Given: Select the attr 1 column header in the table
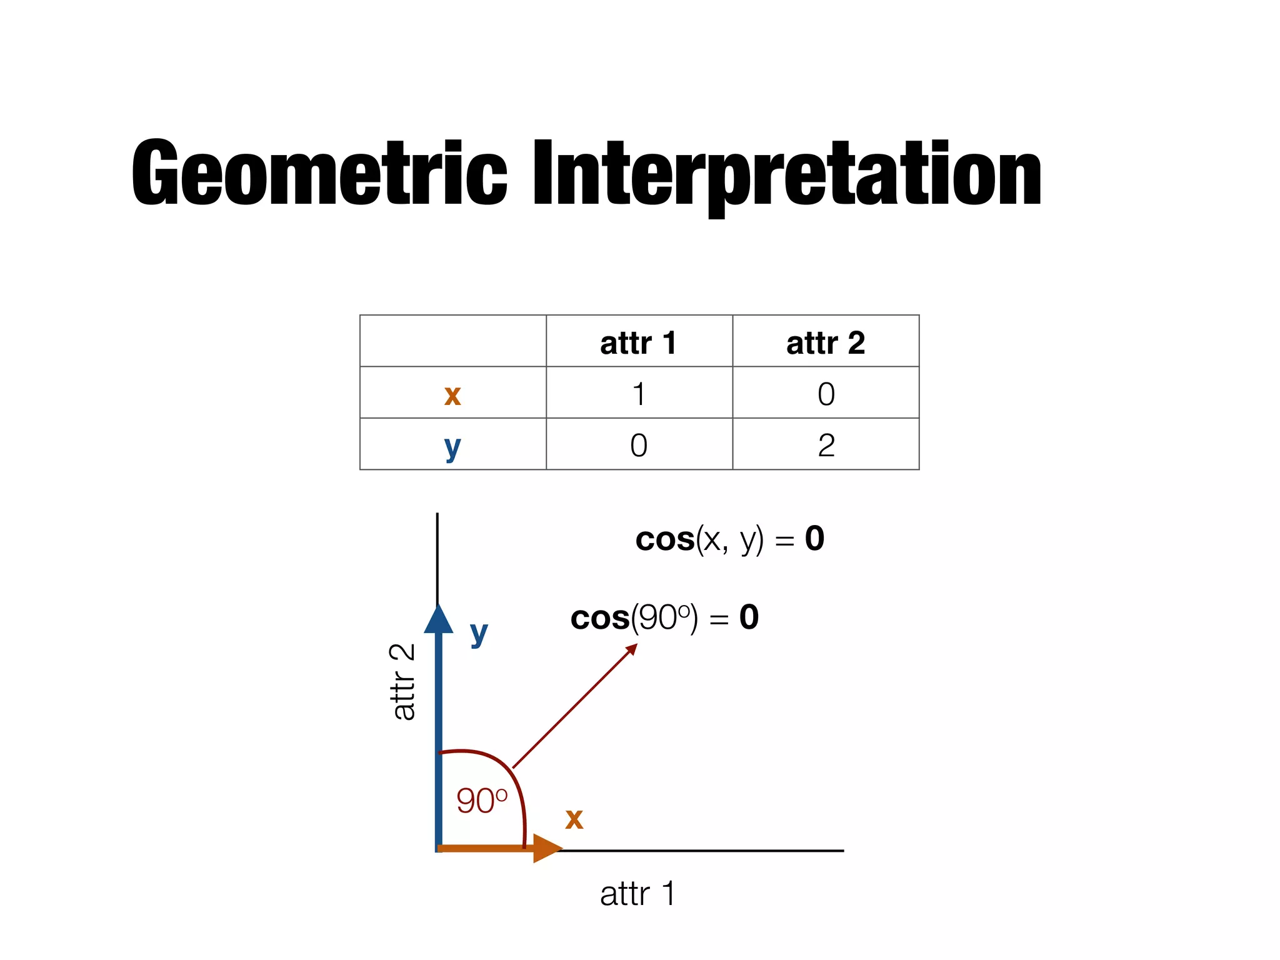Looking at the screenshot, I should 638,342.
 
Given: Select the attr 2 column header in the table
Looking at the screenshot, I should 825,342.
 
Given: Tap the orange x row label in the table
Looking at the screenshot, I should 452,394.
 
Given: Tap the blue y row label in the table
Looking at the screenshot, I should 452,446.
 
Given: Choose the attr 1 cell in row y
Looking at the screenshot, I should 638,446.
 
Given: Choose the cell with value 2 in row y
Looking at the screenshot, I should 826,446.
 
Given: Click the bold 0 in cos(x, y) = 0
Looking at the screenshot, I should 814,538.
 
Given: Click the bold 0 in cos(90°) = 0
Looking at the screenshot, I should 749,617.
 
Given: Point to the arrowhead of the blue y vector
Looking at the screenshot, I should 438,619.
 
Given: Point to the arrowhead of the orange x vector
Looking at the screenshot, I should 547,848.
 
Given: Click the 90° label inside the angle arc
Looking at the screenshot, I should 481,801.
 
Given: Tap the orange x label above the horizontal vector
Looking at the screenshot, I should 574,819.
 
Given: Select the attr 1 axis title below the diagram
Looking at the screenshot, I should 637,894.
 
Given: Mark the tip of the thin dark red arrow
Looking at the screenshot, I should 636,645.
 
